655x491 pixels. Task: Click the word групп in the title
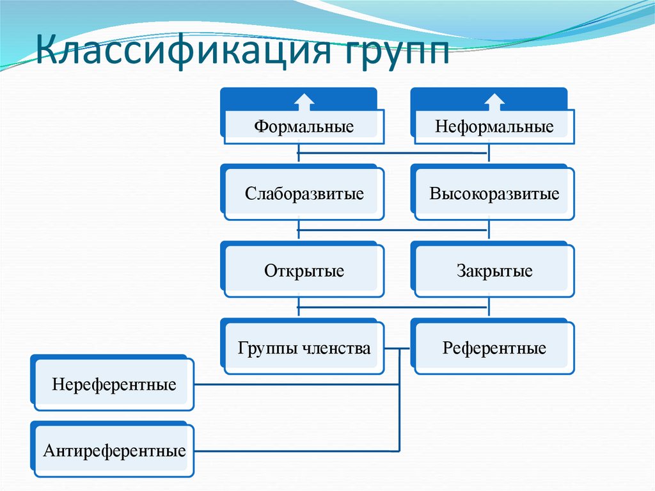(391, 51)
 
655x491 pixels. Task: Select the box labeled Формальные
(304, 126)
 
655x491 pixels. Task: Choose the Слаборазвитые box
(304, 193)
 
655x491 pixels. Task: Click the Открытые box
(304, 271)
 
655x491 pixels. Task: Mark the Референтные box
(494, 348)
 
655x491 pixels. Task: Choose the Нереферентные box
(114, 385)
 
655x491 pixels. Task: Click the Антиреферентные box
(114, 451)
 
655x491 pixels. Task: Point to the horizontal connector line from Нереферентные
(294, 385)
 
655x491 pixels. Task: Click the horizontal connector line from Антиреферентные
(294, 451)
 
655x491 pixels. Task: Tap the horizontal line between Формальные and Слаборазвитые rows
(393, 154)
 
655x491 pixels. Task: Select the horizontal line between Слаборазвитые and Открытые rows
(393, 230)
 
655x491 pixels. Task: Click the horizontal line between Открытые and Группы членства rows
(393, 308)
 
